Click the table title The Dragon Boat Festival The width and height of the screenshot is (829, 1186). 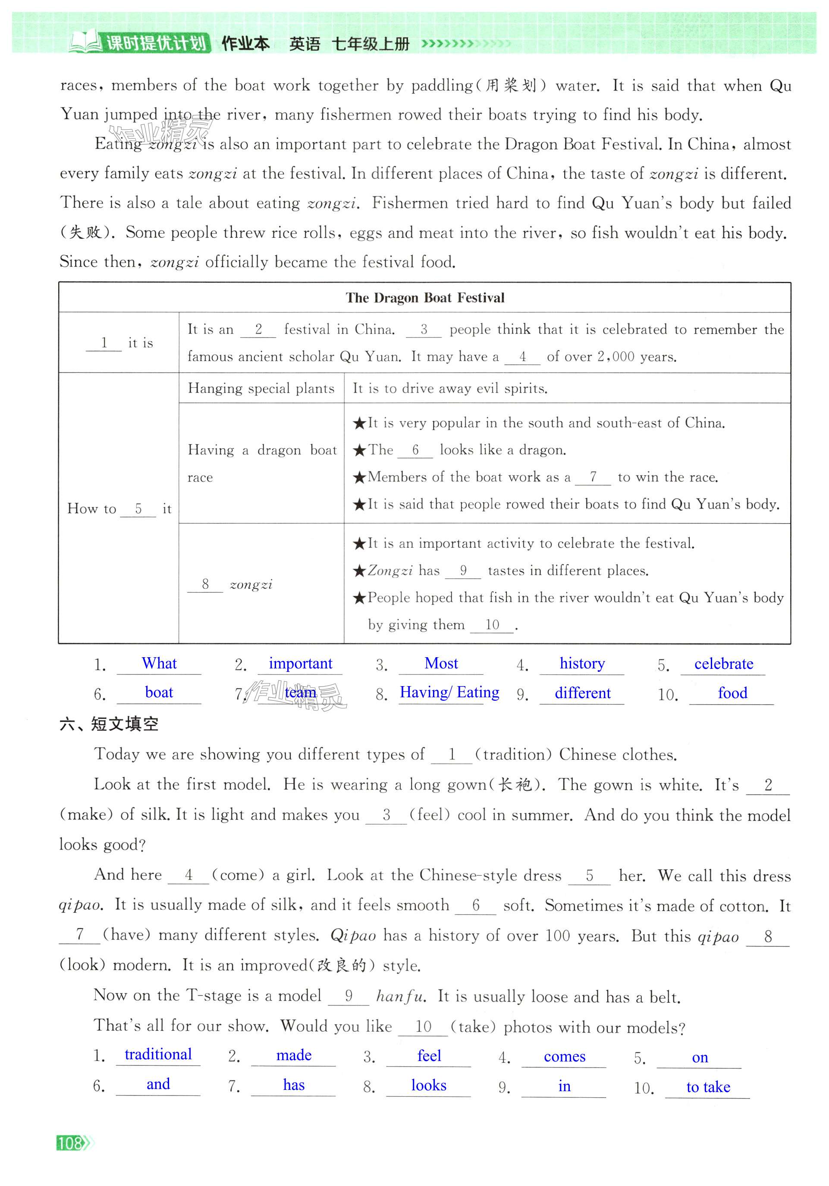point(425,298)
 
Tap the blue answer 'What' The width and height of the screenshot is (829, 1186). point(159,663)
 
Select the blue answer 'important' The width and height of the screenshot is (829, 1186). point(300,664)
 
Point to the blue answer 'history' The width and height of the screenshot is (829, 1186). point(582,663)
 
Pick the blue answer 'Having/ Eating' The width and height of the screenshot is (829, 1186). point(449,693)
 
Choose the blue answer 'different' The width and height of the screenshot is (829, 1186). point(582,693)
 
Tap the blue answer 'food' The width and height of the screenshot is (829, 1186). point(732,693)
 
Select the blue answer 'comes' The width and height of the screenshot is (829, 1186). point(564,1057)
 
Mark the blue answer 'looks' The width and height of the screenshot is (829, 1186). point(428,1085)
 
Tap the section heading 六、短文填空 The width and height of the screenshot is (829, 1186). point(109,724)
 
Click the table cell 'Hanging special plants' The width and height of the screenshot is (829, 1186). point(261,388)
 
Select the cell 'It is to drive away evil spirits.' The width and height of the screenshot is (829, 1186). point(449,388)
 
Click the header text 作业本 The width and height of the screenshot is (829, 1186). point(245,44)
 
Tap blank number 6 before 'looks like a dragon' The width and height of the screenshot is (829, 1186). point(415,450)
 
